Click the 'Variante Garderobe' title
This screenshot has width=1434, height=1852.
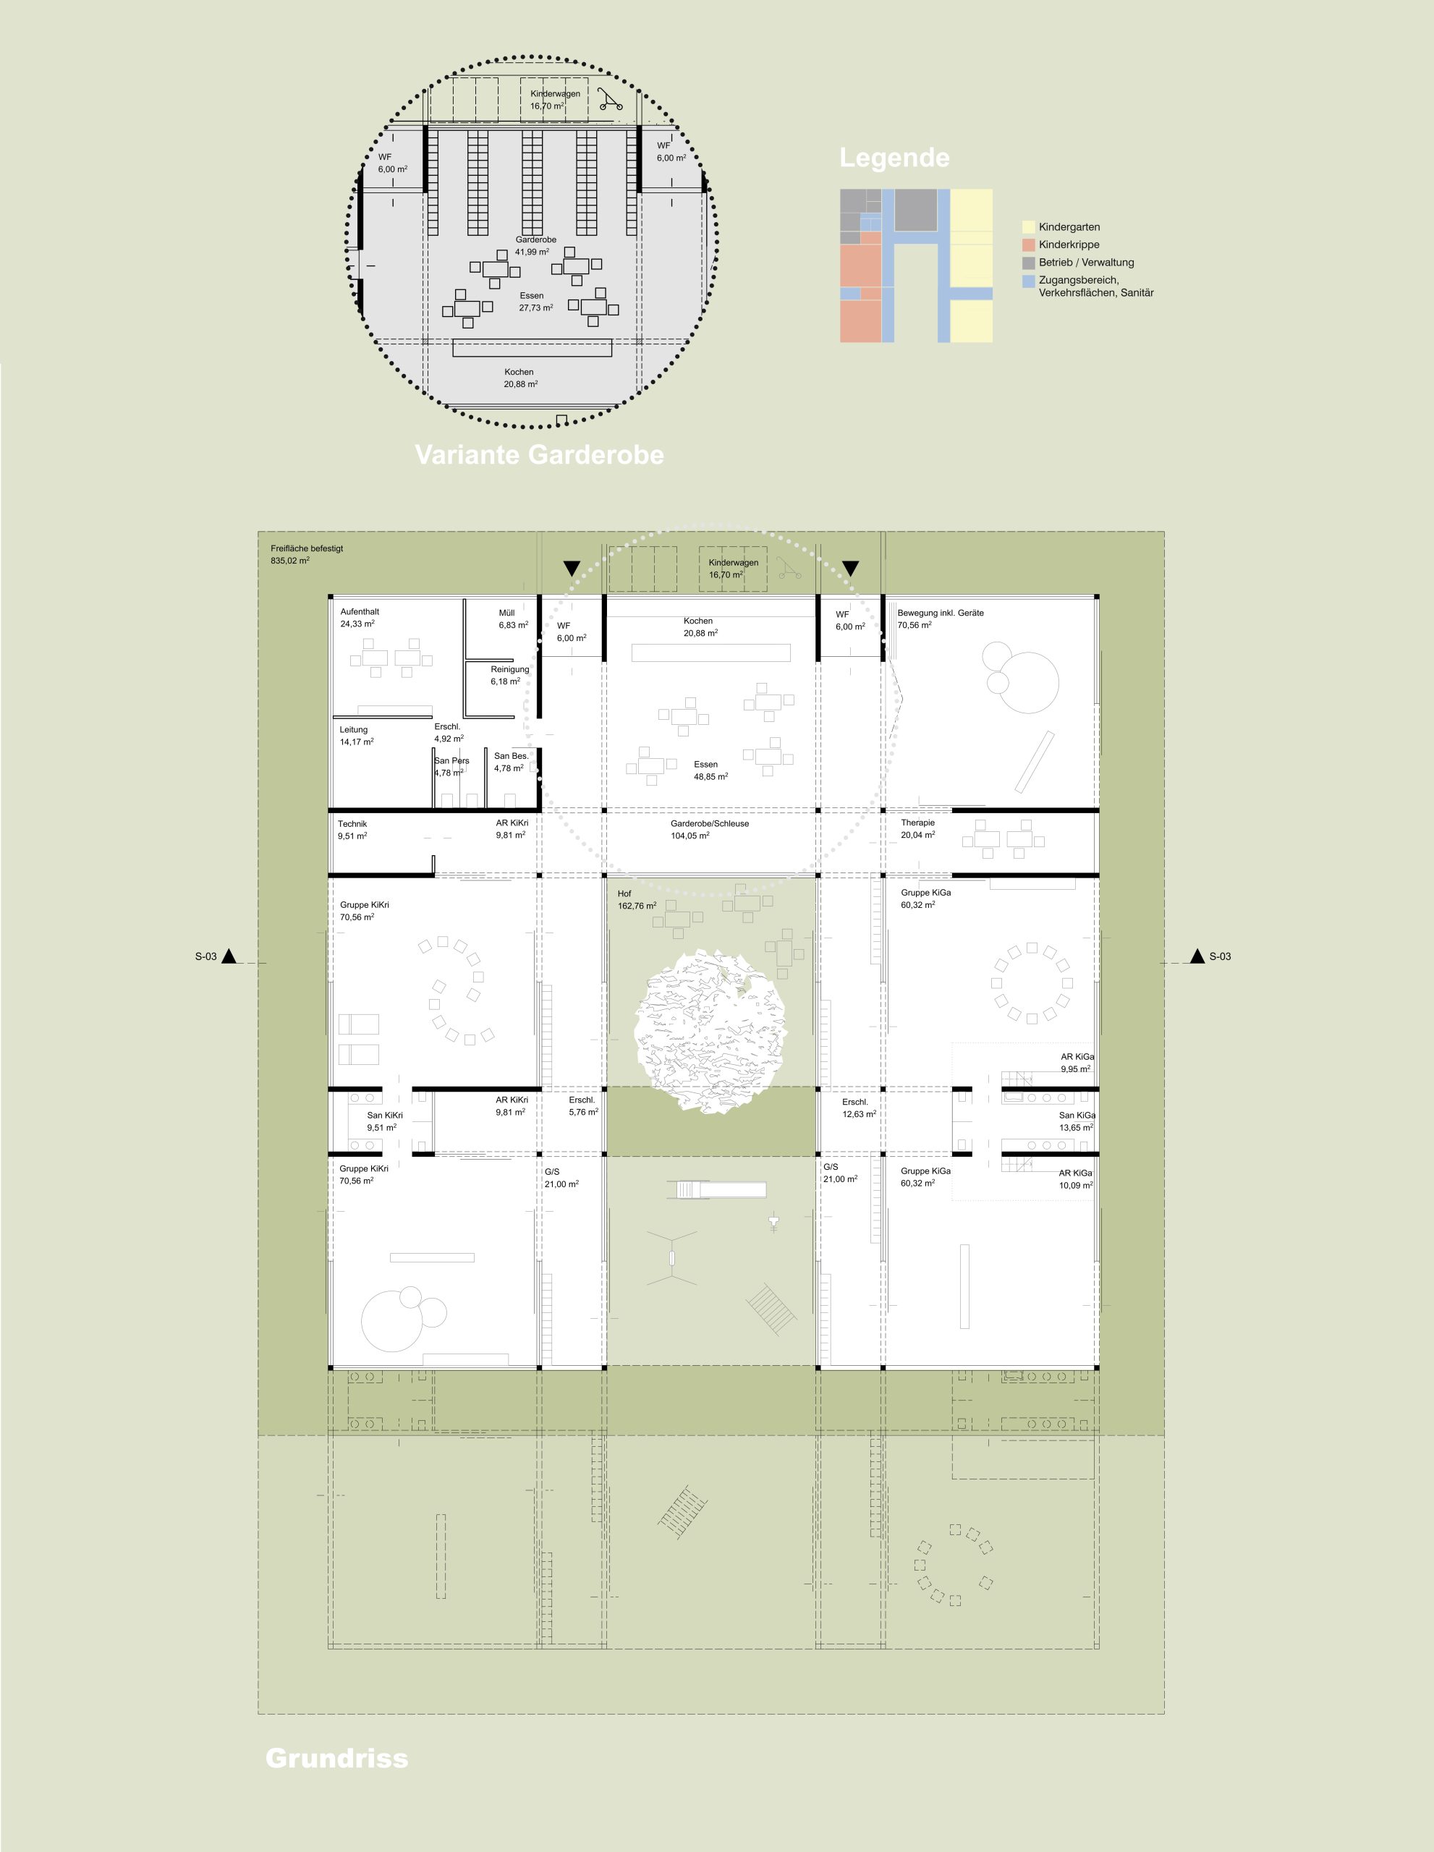click(x=539, y=454)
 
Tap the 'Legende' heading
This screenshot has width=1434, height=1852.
click(x=895, y=158)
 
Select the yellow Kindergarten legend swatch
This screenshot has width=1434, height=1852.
click(x=1029, y=227)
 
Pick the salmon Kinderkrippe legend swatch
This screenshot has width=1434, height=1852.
click(x=1029, y=245)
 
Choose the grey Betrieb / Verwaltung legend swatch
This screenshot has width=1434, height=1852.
click(x=1029, y=263)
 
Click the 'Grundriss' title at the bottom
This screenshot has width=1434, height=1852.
click(x=336, y=1758)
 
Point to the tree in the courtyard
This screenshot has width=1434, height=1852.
click(x=710, y=1029)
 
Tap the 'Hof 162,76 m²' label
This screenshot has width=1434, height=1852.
click(x=637, y=900)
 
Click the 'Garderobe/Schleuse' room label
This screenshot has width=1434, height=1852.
click(x=710, y=823)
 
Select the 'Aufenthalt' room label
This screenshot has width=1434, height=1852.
click(x=360, y=611)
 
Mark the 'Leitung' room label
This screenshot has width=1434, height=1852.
click(x=354, y=729)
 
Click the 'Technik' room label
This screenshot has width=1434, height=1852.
click(x=352, y=823)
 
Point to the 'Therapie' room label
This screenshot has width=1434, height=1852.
click(x=917, y=823)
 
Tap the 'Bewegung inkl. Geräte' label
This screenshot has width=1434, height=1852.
click(x=941, y=612)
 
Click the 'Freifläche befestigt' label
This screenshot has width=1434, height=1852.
click(x=307, y=548)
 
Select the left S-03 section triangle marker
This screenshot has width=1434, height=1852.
click(x=229, y=956)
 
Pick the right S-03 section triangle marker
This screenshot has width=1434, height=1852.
click(x=1197, y=956)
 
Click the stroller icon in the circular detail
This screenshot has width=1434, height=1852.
click(x=610, y=99)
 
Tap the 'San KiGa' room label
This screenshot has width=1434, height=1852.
click(x=1077, y=1115)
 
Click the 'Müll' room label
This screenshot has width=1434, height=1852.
click(x=506, y=612)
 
